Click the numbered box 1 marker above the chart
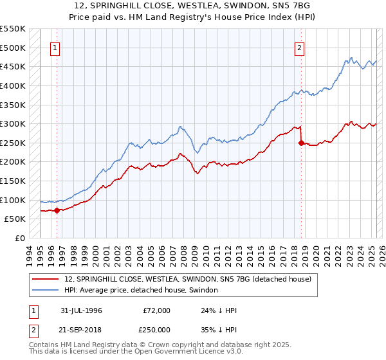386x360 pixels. tap(55, 47)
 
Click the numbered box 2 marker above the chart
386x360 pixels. tap(300, 47)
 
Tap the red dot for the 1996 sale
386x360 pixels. tap(57, 210)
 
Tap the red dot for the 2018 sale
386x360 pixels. tap(300, 143)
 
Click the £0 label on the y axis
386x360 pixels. tap(19, 238)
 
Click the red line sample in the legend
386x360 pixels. tap(46, 279)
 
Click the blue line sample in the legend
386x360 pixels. tap(46, 291)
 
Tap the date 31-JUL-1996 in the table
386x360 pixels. tap(82, 310)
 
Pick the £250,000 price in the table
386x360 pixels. tap(156, 328)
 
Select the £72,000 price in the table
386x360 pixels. tap(156, 310)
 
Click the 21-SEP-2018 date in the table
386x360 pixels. tap(83, 328)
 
